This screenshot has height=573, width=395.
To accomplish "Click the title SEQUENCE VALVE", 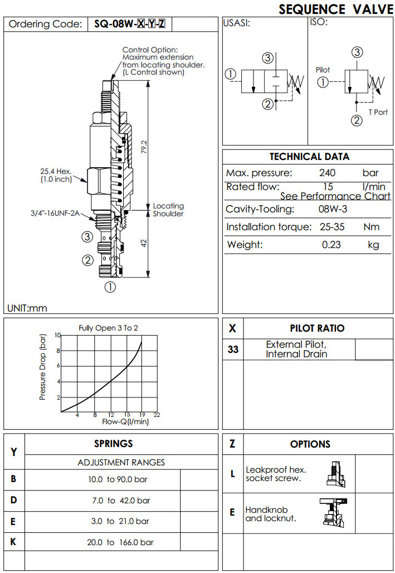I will (x=336, y=9).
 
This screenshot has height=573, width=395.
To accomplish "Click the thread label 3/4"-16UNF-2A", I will (x=54, y=212).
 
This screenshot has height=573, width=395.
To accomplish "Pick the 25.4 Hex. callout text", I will (x=55, y=172).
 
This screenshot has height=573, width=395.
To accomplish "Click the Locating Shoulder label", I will (x=168, y=210).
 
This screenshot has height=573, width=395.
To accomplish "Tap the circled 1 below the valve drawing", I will (x=110, y=288).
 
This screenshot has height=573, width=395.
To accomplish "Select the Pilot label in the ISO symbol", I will (x=323, y=70).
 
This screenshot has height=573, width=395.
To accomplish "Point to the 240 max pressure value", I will (x=328, y=173).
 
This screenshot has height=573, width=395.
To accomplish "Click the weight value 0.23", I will (x=332, y=245).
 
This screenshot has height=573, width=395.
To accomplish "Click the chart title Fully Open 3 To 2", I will (x=109, y=328).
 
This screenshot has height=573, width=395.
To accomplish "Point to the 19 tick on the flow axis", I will (x=143, y=415).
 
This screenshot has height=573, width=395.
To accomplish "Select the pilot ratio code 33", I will (x=233, y=350).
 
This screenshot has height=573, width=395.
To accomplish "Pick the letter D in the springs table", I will (x=14, y=500).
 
